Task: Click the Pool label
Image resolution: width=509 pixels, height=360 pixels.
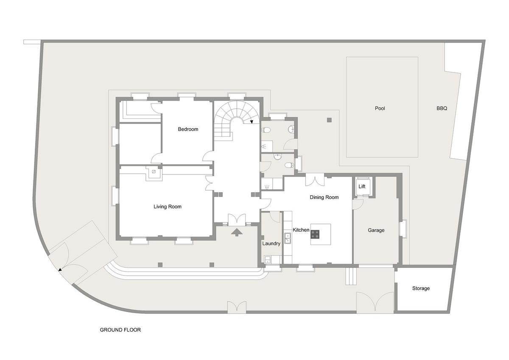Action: (380, 108)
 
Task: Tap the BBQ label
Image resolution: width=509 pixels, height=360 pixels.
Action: (442, 108)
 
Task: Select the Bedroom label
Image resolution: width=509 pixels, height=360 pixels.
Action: (188, 129)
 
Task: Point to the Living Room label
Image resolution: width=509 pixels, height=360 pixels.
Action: (168, 206)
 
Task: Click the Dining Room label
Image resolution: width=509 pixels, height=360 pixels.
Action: (324, 197)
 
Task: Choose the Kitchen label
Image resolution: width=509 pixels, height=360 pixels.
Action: (301, 230)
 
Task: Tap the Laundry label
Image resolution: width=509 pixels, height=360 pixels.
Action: (271, 244)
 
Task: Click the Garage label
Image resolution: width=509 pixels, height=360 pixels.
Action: (376, 230)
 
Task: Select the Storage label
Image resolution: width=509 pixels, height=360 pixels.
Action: (421, 288)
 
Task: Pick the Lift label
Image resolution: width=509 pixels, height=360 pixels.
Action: (362, 186)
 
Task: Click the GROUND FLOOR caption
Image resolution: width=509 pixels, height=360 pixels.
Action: (120, 330)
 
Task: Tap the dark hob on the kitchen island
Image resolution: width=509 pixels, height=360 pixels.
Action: (315, 234)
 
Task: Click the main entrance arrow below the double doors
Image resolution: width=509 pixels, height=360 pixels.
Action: (237, 232)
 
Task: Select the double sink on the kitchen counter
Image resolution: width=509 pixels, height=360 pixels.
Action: (288, 238)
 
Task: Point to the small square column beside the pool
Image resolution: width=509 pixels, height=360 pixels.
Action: (329, 120)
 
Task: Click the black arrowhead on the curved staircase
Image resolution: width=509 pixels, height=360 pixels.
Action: (252, 122)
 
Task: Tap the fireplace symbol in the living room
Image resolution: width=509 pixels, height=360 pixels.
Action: (154, 172)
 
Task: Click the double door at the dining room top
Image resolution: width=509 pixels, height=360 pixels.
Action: (315, 180)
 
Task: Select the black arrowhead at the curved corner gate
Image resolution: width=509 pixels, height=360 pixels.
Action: (60, 270)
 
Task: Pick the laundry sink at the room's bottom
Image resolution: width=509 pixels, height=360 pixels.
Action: (268, 259)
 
